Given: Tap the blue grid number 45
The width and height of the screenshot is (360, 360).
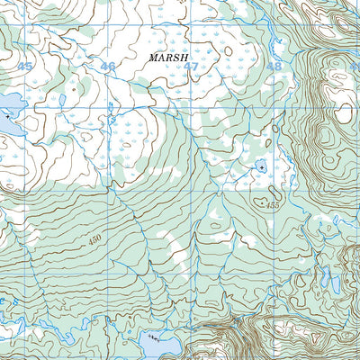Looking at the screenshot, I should [24, 67].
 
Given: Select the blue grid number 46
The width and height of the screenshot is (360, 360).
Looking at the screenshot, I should [108, 67].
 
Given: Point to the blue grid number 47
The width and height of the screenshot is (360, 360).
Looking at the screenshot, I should [191, 67].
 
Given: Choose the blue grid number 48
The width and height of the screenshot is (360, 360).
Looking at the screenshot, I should [274, 67].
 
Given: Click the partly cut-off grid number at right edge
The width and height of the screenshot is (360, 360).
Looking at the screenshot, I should [355, 67].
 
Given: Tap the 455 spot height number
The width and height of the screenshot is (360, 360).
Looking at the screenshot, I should [274, 207].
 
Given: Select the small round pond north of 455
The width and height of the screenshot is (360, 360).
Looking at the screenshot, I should [260, 167].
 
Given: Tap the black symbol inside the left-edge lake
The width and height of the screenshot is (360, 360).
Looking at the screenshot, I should [8, 117].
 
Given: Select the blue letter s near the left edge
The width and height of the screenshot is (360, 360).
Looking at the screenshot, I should [4, 160].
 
